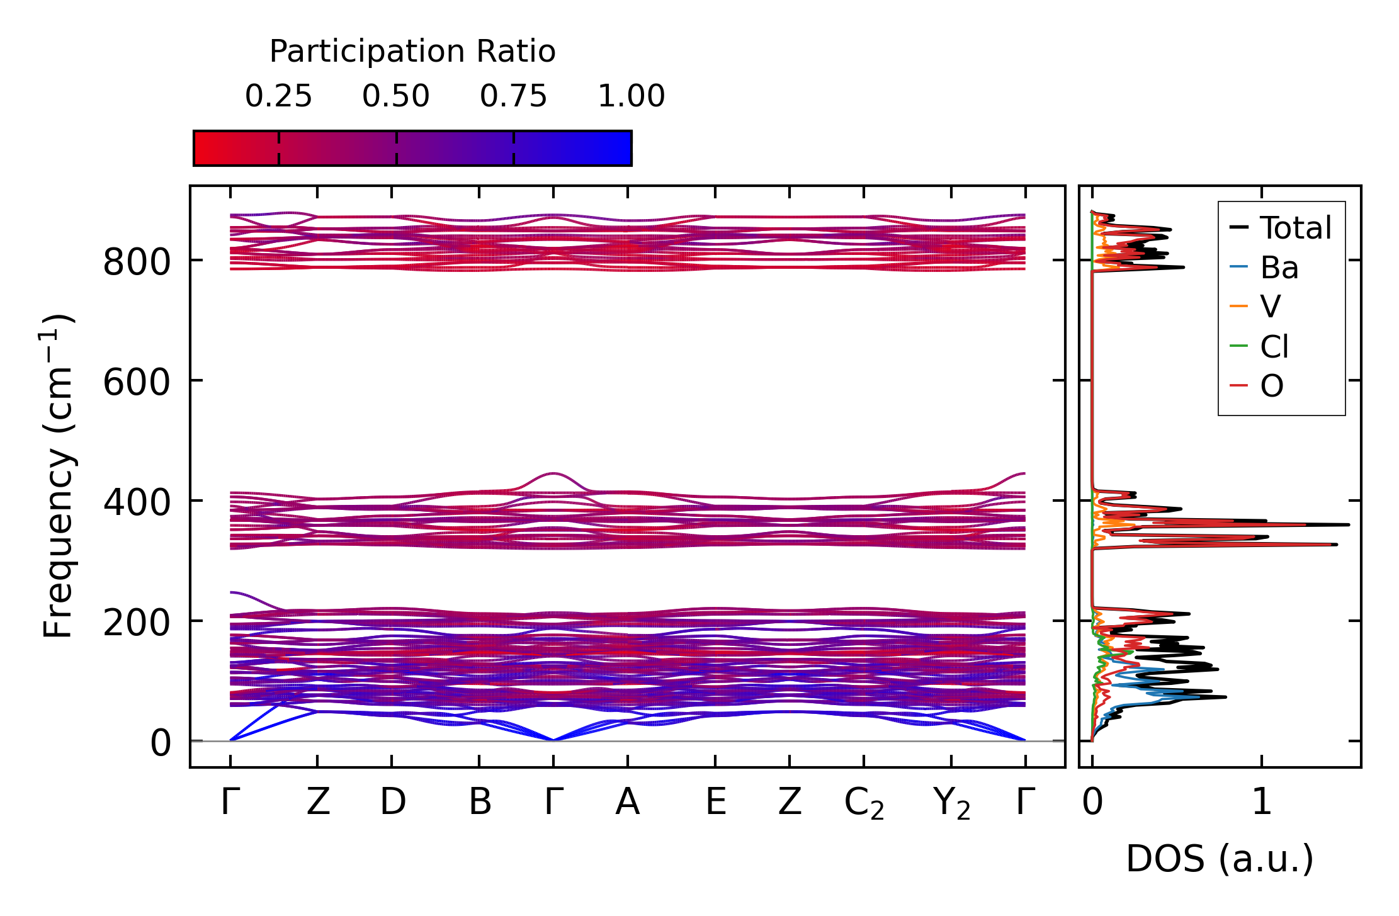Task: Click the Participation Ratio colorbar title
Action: click(412, 52)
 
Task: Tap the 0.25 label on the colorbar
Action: click(278, 96)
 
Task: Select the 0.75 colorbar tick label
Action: click(513, 96)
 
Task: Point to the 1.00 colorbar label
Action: click(631, 96)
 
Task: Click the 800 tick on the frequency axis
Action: click(137, 262)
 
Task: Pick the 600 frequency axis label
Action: click(137, 382)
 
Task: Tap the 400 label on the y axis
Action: click(137, 502)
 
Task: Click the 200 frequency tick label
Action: click(137, 623)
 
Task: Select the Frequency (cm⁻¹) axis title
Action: click(58, 476)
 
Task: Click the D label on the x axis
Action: click(392, 802)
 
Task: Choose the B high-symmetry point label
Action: click(480, 802)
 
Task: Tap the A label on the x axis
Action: click(628, 802)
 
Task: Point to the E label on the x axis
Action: click(716, 802)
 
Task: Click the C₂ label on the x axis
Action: click(864, 803)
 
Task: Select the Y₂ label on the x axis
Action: click(951, 803)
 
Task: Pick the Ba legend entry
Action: click(1279, 268)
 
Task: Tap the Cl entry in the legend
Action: click(1274, 346)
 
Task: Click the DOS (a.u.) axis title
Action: click(1220, 859)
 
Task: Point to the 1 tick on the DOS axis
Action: click(1262, 802)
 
